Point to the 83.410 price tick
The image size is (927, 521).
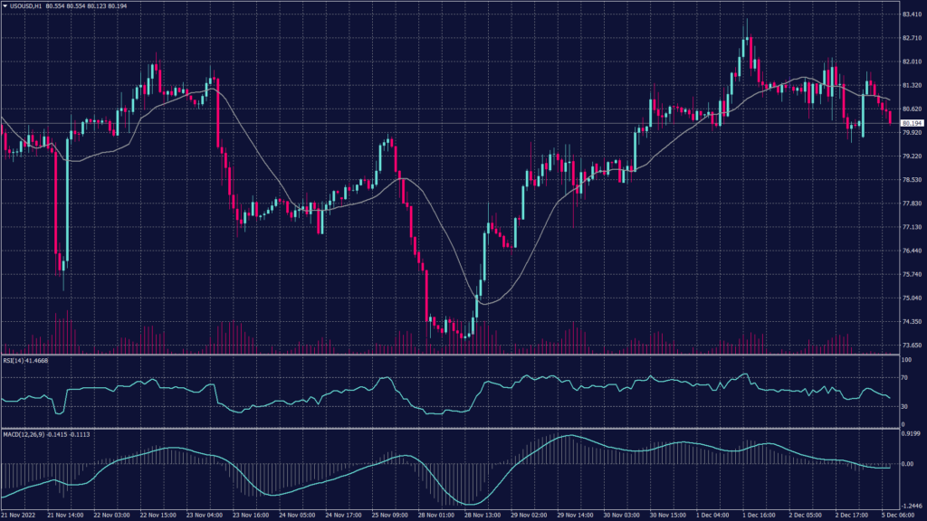pyautogui.click(x=912, y=14)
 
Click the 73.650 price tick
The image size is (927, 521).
pyautogui.click(x=912, y=346)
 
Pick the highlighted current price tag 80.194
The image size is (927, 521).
pyautogui.click(x=912, y=123)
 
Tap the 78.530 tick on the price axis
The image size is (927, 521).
pyautogui.click(x=912, y=180)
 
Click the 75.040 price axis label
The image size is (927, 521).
pyautogui.click(x=912, y=298)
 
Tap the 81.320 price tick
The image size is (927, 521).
pyautogui.click(x=912, y=85)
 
